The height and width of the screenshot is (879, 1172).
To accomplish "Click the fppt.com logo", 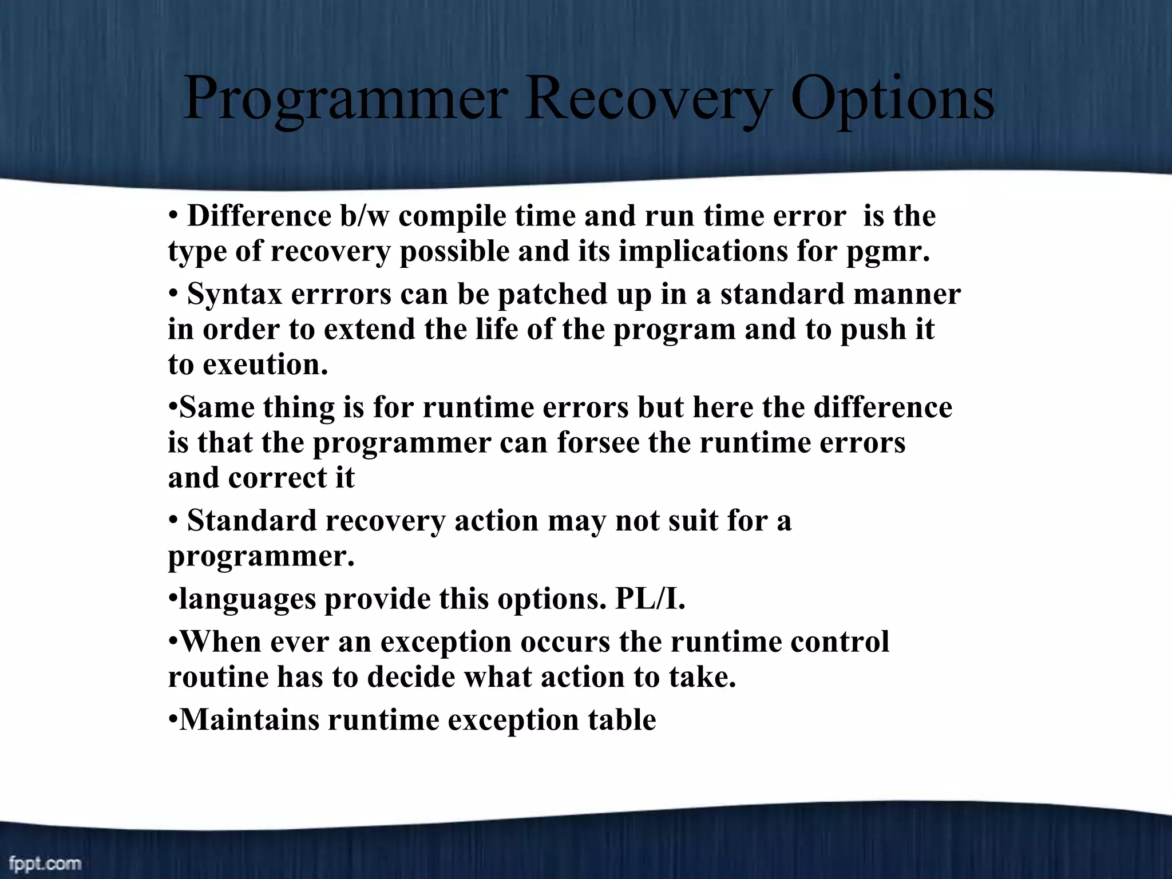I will click(45, 863).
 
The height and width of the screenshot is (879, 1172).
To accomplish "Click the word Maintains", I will click(249, 720).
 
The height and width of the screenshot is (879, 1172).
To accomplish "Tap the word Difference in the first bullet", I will click(259, 216).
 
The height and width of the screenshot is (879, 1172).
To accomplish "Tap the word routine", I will click(218, 677).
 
